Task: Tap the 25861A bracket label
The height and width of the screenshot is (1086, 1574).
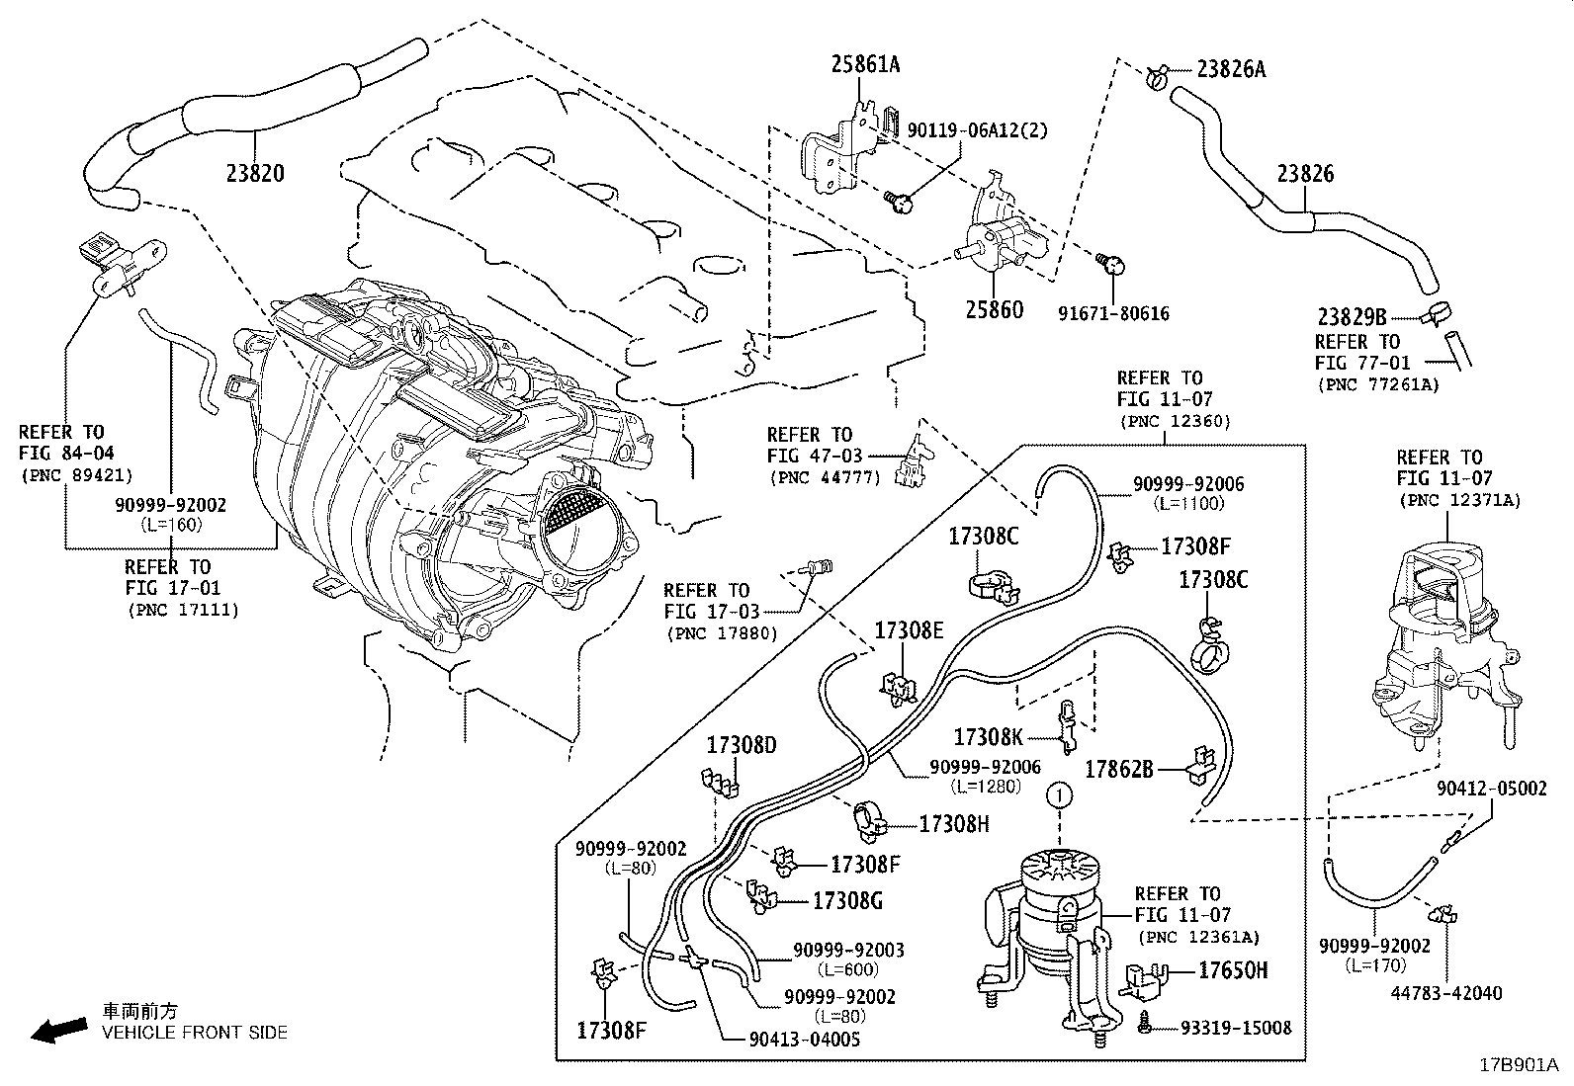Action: [865, 65]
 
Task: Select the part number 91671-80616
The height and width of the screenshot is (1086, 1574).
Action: [1112, 313]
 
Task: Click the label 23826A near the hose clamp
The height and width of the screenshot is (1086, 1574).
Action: [1231, 69]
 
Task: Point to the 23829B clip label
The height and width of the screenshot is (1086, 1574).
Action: [1352, 317]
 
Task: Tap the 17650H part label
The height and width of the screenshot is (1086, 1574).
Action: [1233, 970]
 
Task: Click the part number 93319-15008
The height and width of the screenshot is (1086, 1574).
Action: [1236, 1028]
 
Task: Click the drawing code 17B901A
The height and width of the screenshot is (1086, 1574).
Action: [1518, 1065]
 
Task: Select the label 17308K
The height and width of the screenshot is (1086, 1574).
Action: [989, 736]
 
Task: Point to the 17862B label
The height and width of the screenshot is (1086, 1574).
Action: [1119, 769]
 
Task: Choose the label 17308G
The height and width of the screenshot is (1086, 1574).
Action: [846, 900]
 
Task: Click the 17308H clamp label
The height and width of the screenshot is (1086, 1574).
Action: [954, 823]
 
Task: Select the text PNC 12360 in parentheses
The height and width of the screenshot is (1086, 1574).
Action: [1175, 421]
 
